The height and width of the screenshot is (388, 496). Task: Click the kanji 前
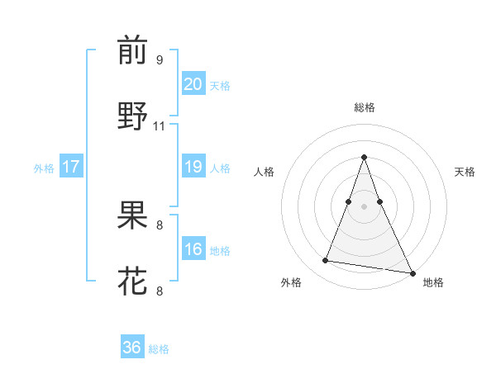pyautogui.click(x=132, y=51)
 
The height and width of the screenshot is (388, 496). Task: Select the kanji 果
pyautogui.click(x=132, y=216)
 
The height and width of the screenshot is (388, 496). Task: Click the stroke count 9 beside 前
pyautogui.click(x=160, y=60)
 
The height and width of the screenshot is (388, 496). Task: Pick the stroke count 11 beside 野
pyautogui.click(x=160, y=126)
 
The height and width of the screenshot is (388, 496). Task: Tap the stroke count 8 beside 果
pyautogui.click(x=160, y=225)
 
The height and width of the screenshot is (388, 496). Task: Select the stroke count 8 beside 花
pyautogui.click(x=160, y=291)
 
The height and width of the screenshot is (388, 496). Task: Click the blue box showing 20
pyautogui.click(x=193, y=84)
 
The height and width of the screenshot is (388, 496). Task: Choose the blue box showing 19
pyautogui.click(x=193, y=167)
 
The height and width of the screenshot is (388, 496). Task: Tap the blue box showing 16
pyautogui.click(x=193, y=249)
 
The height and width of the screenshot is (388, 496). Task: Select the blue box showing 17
pyautogui.click(x=71, y=167)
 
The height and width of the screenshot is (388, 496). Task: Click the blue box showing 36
pyautogui.click(x=132, y=348)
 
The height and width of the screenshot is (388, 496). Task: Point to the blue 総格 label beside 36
pyautogui.click(x=159, y=349)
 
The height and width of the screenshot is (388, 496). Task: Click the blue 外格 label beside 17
pyautogui.click(x=44, y=168)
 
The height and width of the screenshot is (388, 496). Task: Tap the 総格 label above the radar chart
pyautogui.click(x=364, y=107)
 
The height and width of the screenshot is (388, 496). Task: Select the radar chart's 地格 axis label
pyautogui.click(x=433, y=282)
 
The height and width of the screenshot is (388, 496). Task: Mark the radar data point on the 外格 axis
pyautogui.click(x=326, y=261)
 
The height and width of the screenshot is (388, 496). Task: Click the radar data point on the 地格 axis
pyautogui.click(x=412, y=272)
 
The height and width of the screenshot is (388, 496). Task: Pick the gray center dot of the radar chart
pyautogui.click(x=364, y=206)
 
